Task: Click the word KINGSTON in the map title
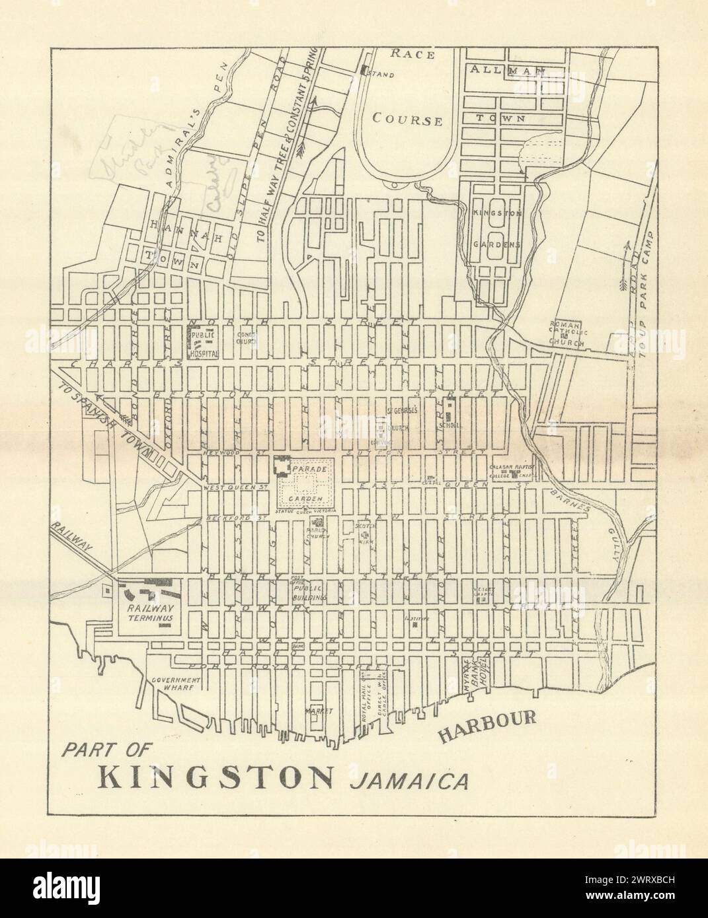216,777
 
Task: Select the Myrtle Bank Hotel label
477,695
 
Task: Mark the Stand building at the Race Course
364,71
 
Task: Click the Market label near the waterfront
314,711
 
